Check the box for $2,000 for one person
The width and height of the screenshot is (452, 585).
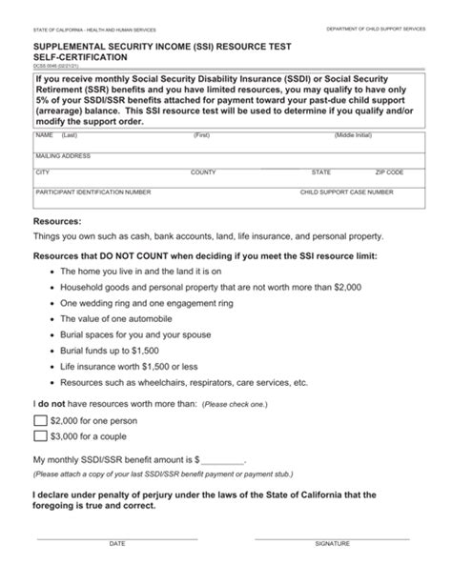(x=40, y=420)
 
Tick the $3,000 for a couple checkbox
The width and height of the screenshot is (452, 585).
(x=40, y=436)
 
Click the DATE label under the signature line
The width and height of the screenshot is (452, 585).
(x=117, y=543)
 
